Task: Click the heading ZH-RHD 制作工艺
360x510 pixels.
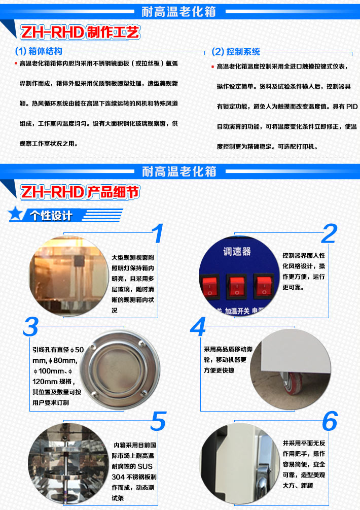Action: [79, 32]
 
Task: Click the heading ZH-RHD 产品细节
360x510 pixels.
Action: [79, 192]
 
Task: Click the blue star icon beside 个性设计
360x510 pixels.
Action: [18, 215]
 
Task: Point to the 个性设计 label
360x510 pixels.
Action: [51, 216]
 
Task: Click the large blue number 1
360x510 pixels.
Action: [158, 234]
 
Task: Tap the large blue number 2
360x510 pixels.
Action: [330, 234]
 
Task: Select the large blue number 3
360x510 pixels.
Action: [30, 327]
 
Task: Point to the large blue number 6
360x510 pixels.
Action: [330, 422]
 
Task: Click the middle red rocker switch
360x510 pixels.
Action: [236, 287]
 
